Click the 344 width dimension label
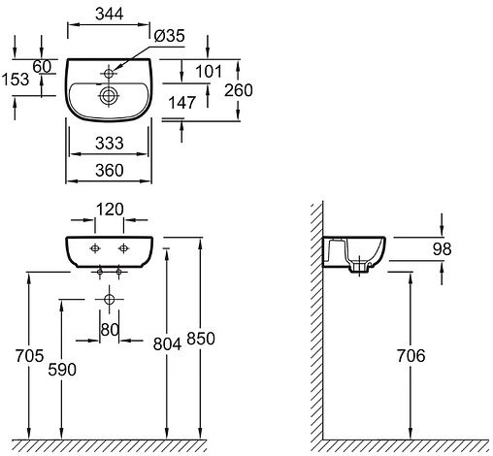coord(110,14)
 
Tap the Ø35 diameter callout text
coord(169,36)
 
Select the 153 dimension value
coord(16,80)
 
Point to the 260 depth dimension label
coord(239,90)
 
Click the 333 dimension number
coord(110,143)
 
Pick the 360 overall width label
coord(110,171)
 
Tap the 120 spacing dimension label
coord(110,210)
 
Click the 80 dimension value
coord(110,330)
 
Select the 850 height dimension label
coord(201,339)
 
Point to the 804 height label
coord(167,344)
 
